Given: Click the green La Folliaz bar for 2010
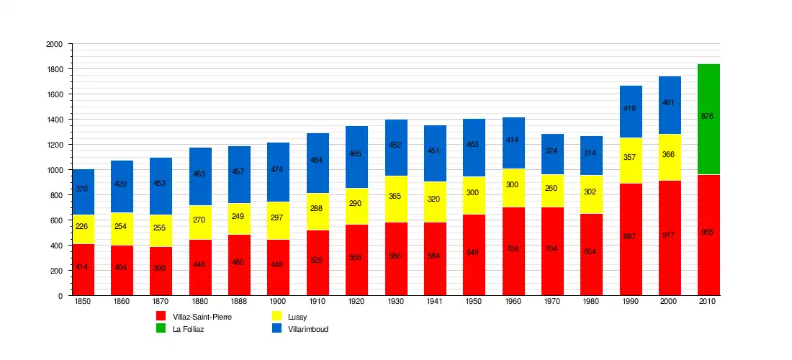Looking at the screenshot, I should [x=708, y=120].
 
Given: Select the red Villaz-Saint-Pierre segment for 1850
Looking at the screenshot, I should [x=83, y=269].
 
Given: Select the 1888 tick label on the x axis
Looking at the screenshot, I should [x=238, y=302].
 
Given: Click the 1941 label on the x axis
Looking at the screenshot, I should [x=435, y=302].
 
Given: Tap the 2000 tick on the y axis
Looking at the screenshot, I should [x=54, y=44].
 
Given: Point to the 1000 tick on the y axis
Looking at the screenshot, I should [x=54, y=170].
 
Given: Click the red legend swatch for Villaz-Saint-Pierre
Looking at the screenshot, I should [x=161, y=316].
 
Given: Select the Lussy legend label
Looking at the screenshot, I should [x=297, y=317].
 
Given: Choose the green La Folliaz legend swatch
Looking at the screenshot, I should [x=161, y=329].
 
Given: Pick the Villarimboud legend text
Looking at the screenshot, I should [x=308, y=330].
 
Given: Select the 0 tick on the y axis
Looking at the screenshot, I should [x=59, y=296].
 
